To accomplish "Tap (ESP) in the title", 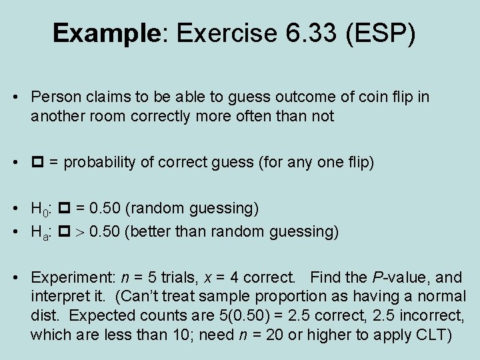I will coord(381,33).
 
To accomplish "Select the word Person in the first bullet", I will coord(51,97).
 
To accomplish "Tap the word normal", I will coord(444,295).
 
